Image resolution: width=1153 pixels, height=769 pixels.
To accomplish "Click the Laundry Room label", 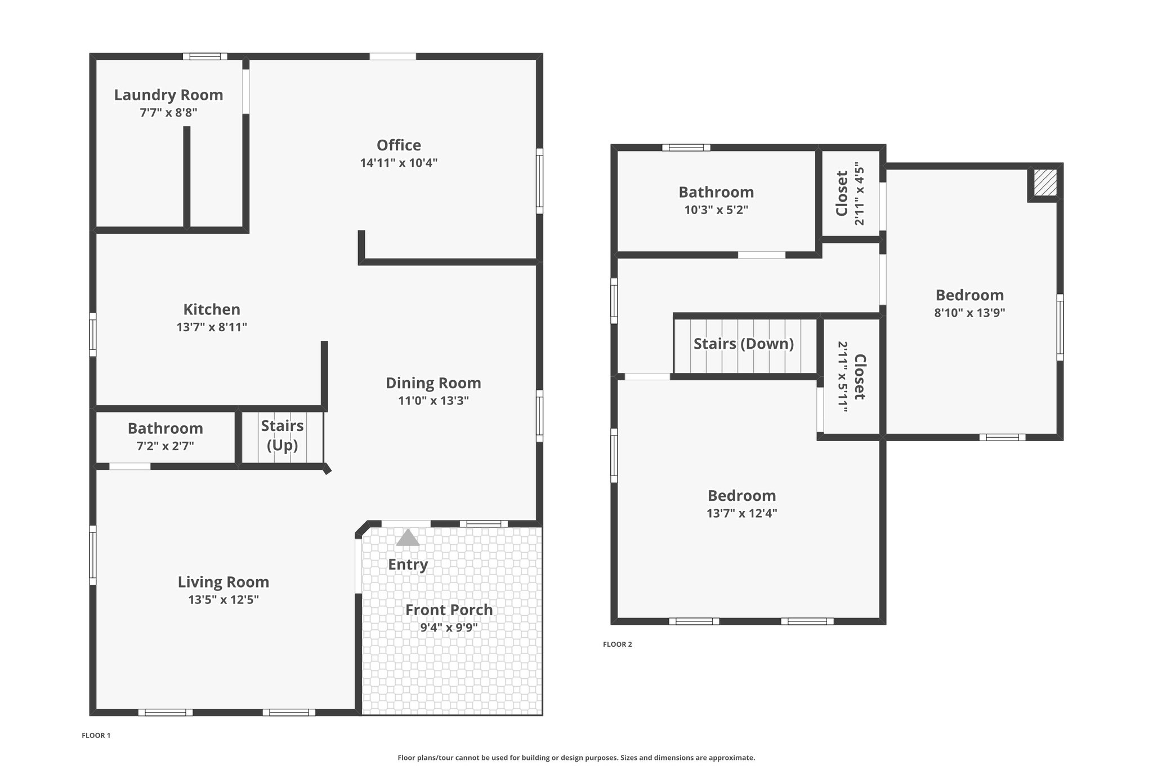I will coord(168,95).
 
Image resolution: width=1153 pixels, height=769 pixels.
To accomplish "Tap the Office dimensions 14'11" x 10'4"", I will coord(399,163).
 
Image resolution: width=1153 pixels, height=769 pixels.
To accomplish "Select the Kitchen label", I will coord(212,309).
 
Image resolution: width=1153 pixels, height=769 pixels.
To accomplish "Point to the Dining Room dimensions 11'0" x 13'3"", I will coord(433,401).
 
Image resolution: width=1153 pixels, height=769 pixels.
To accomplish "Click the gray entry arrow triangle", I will coord(408,539).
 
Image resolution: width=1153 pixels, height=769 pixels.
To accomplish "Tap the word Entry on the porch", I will coord(408,564).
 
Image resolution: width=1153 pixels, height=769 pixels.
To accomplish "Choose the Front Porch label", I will coord(449,610).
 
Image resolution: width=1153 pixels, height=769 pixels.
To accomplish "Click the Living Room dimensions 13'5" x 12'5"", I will coord(224,600).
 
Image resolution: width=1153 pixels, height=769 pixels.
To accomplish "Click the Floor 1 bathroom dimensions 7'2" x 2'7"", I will coord(165,446).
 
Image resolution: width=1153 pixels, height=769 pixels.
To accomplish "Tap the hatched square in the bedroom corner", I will coord(1045,184).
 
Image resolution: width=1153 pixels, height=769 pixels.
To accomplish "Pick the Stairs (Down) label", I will coord(743,344).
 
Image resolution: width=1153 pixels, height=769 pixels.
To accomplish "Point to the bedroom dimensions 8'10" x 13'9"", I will coord(969,313).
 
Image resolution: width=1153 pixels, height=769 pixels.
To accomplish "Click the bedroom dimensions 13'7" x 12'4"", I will coord(741,514).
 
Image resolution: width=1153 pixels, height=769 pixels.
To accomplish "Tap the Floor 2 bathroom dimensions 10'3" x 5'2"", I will coord(716,210).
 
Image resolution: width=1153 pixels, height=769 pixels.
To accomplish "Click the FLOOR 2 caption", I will coord(617,644).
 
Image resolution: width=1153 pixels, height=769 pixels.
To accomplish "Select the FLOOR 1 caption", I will coord(96,736).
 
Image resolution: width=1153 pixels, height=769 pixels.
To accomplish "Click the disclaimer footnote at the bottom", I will coord(576,758).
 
